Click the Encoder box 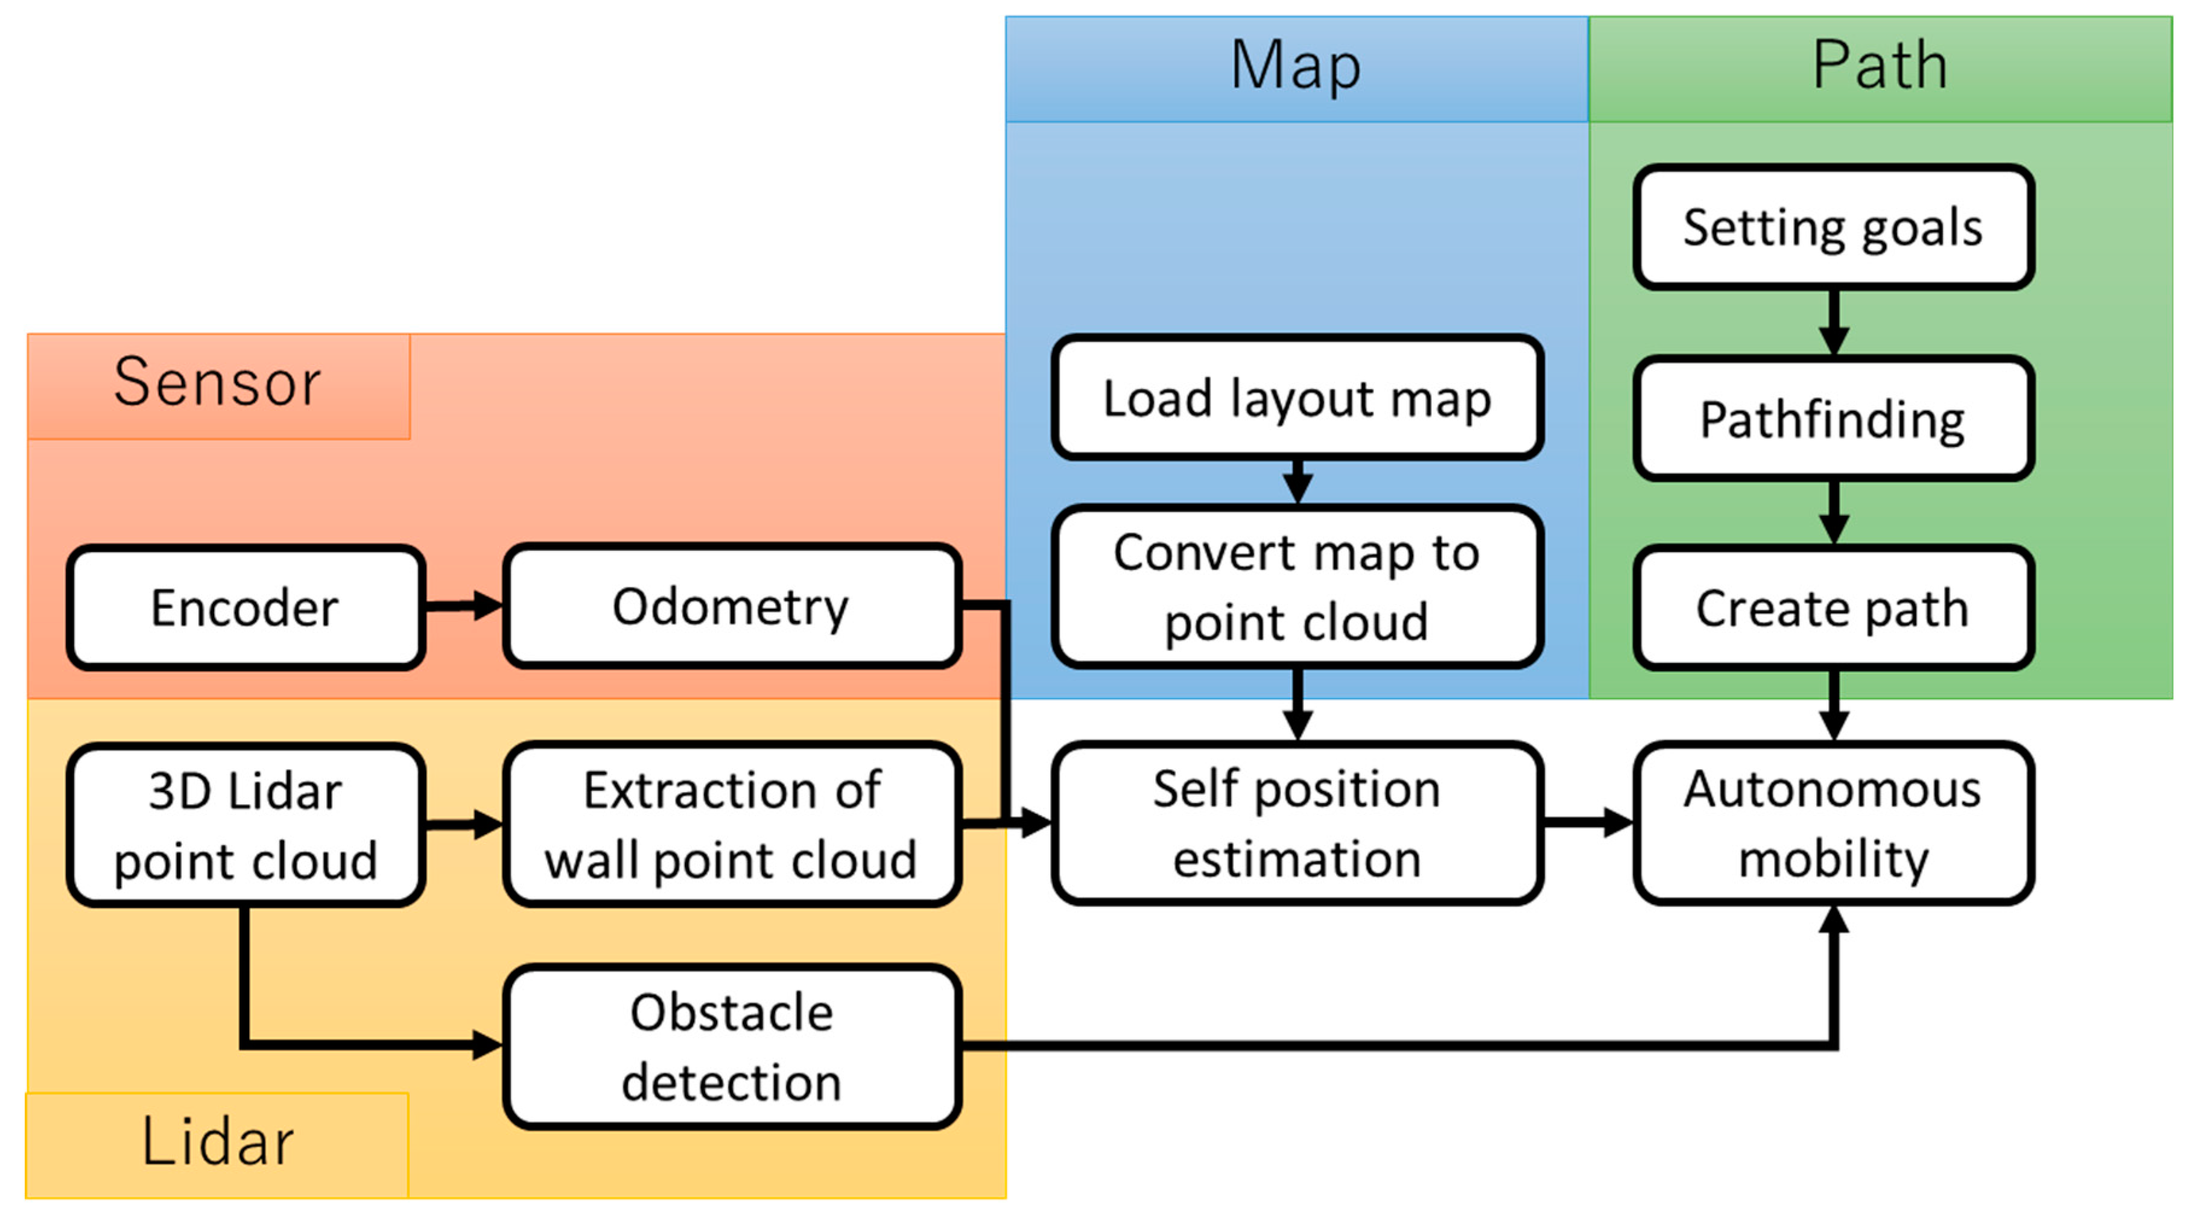tap(245, 607)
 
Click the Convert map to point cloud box tap(1297, 587)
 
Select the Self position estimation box tap(1297, 823)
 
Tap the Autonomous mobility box tap(1833, 823)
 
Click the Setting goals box tap(1833, 227)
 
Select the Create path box tap(1833, 607)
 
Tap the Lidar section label tap(218, 1142)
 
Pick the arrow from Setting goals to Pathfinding tap(1833, 323)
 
